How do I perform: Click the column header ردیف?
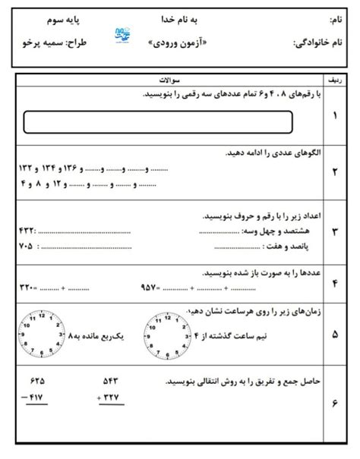click(x=335, y=78)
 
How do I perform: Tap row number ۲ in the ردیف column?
click(x=335, y=171)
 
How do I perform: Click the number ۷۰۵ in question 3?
click(x=26, y=246)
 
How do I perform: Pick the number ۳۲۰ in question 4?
click(x=27, y=287)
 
